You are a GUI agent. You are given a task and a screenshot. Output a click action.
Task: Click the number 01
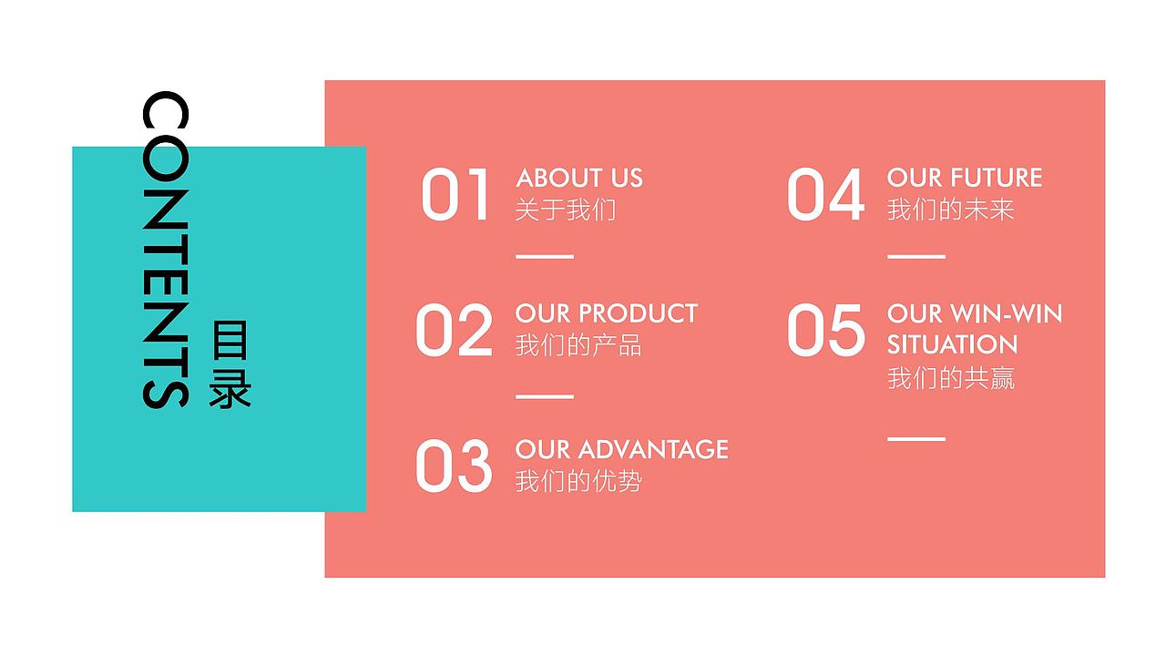click(455, 194)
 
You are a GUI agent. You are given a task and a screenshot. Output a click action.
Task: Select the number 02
click(454, 330)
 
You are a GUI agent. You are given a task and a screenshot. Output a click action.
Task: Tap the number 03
click(454, 466)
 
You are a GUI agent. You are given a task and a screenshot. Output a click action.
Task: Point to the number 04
click(825, 194)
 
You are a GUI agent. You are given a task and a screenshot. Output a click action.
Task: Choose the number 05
click(825, 330)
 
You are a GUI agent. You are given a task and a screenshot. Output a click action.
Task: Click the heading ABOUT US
click(579, 178)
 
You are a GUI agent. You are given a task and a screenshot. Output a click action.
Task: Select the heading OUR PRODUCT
click(607, 313)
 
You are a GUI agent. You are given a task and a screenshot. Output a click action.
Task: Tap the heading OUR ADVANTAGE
click(622, 449)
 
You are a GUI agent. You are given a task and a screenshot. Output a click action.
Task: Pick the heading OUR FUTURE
click(965, 178)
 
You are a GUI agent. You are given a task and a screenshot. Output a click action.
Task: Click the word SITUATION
click(952, 344)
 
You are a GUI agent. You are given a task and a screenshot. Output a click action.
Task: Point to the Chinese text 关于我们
click(566, 210)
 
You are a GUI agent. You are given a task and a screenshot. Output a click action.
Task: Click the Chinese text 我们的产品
click(578, 346)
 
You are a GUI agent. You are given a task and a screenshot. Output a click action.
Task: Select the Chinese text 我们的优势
click(578, 481)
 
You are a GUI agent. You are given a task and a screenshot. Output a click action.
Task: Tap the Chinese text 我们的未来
click(951, 210)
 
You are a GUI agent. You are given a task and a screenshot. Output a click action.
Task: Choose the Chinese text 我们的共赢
click(951, 378)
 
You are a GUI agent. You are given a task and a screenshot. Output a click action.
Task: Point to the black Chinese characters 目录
click(230, 364)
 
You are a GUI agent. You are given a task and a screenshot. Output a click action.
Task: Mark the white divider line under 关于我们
click(545, 257)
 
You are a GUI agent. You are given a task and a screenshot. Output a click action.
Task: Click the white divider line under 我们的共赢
click(916, 439)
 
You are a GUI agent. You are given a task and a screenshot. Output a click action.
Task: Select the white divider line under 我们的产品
click(545, 397)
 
